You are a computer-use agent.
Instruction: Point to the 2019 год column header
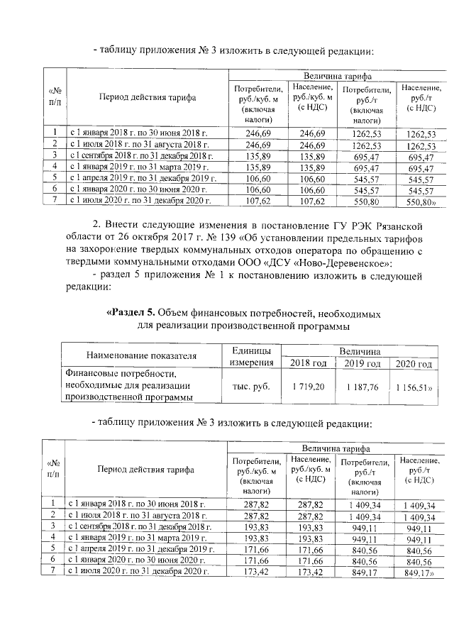click(x=360, y=364)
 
